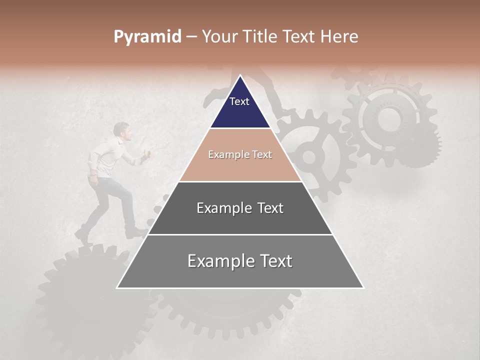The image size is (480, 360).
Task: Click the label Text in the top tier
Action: click(x=239, y=101)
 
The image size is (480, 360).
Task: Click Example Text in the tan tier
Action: click(x=240, y=154)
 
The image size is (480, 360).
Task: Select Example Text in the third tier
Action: click(x=240, y=208)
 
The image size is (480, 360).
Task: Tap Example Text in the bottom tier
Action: click(x=240, y=261)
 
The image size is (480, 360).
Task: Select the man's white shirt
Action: click(x=107, y=157)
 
